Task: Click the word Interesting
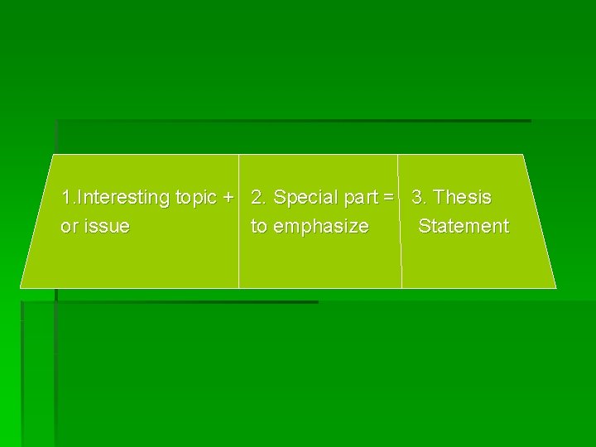[122, 198]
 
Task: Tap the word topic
[196, 198]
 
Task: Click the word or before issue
[70, 226]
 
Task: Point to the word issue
[107, 226]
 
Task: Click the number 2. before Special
[259, 198]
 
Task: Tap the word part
[358, 198]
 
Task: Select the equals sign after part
[387, 198]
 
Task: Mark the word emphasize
[321, 226]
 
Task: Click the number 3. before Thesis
[420, 198]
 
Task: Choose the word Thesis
[463, 198]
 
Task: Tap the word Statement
[464, 226]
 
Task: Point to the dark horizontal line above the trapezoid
[290, 121]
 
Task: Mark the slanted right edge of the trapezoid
[540, 221]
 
